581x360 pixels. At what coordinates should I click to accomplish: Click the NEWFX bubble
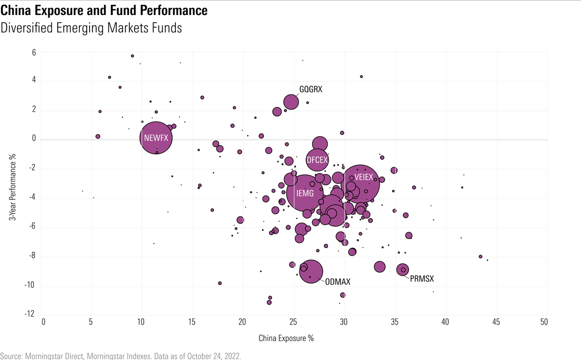point(156,137)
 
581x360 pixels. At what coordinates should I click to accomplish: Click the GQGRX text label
point(311,90)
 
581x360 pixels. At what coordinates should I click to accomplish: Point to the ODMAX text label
point(337,282)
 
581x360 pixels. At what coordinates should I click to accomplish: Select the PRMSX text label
point(422,279)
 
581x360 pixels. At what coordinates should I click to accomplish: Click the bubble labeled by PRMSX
point(402,270)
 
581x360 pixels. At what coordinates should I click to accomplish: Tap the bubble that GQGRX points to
point(291,102)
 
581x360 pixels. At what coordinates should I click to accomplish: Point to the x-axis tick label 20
point(242,322)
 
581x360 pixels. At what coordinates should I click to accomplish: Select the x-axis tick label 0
point(44,322)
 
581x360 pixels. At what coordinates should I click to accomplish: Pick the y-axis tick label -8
point(31,256)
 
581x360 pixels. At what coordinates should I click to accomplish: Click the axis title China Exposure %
point(286,338)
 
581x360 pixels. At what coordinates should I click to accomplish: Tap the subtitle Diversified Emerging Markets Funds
point(91,28)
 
